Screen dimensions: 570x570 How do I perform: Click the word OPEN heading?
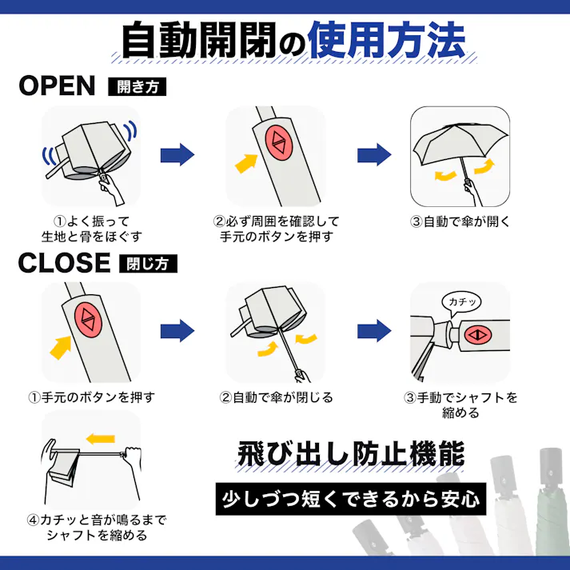pos(57,86)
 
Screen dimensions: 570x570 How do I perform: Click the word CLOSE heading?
pos(63,261)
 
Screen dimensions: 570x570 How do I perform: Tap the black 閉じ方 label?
pos(148,263)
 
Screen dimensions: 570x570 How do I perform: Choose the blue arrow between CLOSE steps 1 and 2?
pos(177,329)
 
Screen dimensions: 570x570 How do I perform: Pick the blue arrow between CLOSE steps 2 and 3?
pos(373,329)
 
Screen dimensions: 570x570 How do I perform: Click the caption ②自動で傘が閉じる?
pos(276,397)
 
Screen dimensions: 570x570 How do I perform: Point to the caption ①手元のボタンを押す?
pos(91,397)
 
